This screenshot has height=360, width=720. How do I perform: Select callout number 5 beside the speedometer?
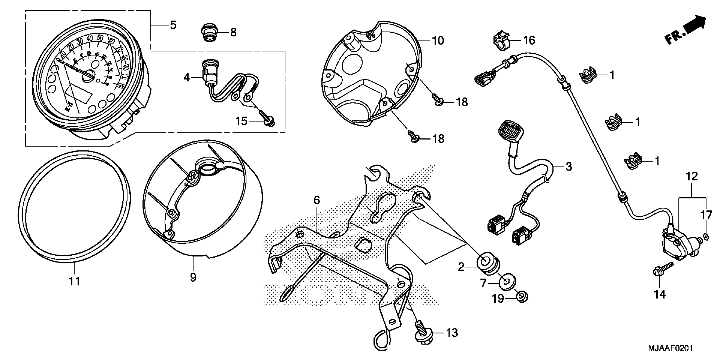click(x=173, y=25)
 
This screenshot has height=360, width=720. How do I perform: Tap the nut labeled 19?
click(x=522, y=297)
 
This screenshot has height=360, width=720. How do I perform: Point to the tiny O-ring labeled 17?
click(x=706, y=237)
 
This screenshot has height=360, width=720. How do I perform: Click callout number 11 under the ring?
click(x=74, y=281)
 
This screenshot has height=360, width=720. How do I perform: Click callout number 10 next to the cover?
click(x=438, y=41)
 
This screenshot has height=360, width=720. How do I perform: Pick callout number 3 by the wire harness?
click(x=569, y=167)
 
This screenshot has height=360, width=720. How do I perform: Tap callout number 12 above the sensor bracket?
click(x=692, y=177)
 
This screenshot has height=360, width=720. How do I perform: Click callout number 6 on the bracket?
click(x=316, y=200)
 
